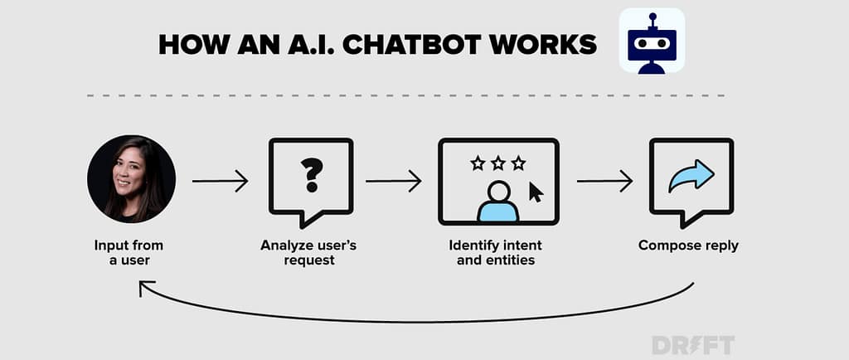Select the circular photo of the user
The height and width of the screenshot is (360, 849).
click(x=131, y=180)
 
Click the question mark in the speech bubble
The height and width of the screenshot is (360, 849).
click(x=311, y=175)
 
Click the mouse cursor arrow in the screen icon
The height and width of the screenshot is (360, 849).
click(x=536, y=192)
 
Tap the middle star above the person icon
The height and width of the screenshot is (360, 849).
click(x=498, y=163)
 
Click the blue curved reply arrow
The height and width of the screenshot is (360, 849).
click(x=691, y=176)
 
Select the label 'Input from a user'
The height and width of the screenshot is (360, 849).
click(x=129, y=252)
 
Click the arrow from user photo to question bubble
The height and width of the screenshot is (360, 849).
click(x=220, y=181)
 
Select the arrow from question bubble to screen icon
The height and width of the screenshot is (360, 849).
click(x=393, y=181)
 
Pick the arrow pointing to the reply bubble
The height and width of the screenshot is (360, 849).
click(x=604, y=181)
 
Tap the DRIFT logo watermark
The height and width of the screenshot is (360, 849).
click(x=692, y=344)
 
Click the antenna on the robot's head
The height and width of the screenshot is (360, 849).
click(x=652, y=19)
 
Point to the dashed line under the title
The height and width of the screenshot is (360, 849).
click(x=406, y=95)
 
